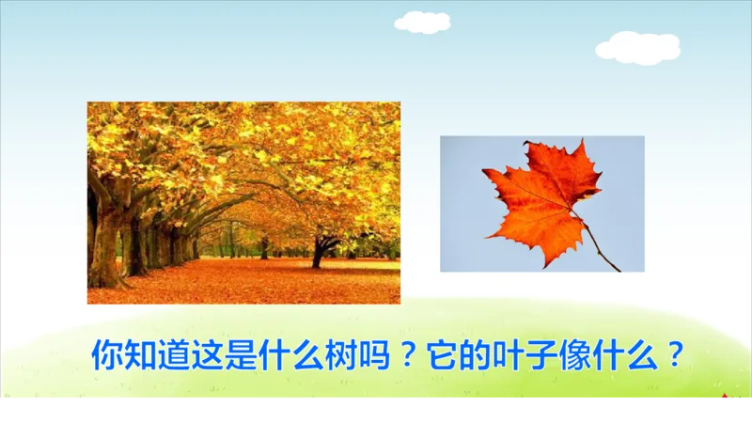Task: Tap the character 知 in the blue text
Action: pyautogui.click(x=141, y=355)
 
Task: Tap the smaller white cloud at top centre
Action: pyautogui.click(x=423, y=22)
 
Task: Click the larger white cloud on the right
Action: pyautogui.click(x=638, y=47)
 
